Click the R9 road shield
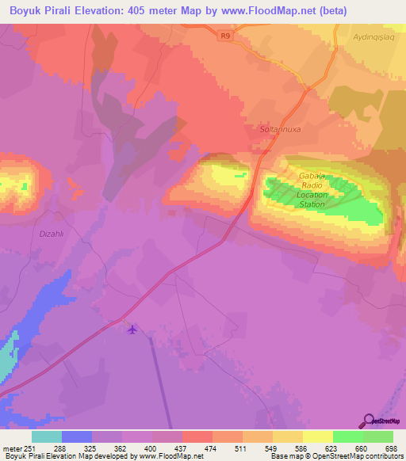[225, 35]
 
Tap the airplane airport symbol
[132, 330]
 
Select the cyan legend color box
[46, 436]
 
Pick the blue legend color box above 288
[76, 436]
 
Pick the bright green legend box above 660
[347, 436]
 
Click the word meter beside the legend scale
[11, 448]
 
